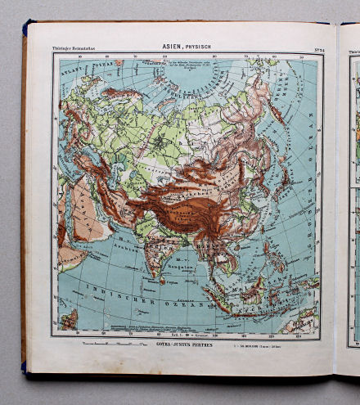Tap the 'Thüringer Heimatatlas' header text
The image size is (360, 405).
coord(75,47)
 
